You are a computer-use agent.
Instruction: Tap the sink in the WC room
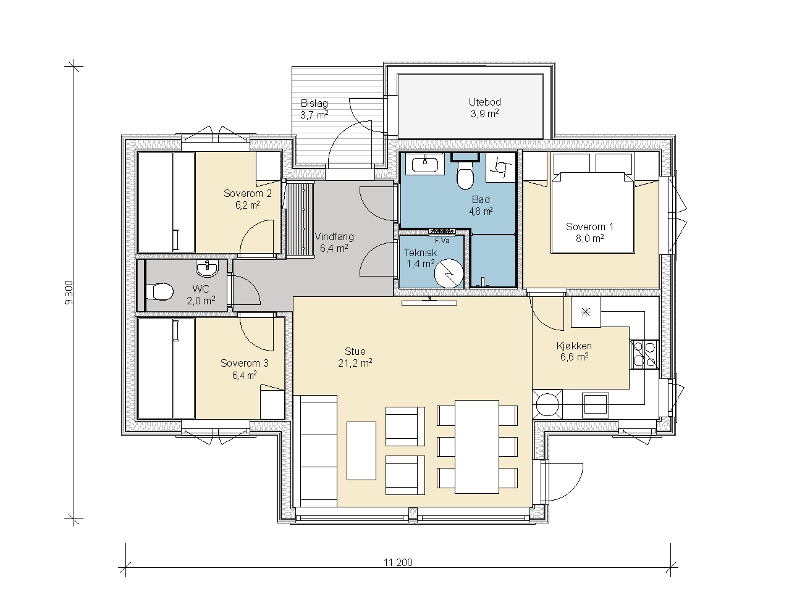(208, 268)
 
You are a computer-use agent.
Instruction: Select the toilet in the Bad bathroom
(465, 175)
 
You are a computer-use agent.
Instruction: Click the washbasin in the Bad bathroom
(424, 164)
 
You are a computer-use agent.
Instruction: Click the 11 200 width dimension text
(398, 562)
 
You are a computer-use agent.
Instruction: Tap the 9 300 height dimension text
(69, 293)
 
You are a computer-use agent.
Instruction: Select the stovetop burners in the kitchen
(644, 354)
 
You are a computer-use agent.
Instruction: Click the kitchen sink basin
(596, 405)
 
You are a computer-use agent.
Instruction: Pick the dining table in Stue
(477, 446)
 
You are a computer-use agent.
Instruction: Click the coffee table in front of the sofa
(361, 451)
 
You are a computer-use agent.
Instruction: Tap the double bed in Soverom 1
(592, 212)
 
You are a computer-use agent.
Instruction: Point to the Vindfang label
(334, 237)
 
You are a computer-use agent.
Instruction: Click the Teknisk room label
(421, 252)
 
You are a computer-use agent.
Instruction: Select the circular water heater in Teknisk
(449, 273)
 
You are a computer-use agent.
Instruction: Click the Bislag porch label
(314, 103)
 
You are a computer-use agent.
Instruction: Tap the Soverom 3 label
(245, 363)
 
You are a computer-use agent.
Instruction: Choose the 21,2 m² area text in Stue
(355, 363)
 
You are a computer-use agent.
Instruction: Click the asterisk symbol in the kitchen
(586, 312)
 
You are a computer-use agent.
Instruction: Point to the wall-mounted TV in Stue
(429, 302)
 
